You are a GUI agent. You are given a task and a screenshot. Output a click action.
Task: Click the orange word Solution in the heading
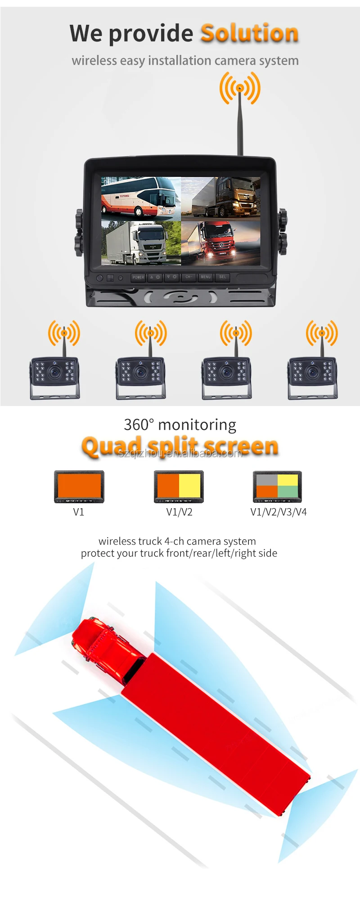[250, 33]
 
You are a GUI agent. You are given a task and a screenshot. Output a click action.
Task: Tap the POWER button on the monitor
[138, 277]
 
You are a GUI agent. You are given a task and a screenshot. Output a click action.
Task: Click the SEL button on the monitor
[222, 277]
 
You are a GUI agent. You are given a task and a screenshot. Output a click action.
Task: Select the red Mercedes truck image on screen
[220, 242]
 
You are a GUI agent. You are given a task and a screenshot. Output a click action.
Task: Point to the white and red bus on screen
[140, 198]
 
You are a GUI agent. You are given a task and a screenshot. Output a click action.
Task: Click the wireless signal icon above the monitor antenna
[240, 88]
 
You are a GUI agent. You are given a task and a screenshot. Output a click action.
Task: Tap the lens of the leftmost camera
[55, 372]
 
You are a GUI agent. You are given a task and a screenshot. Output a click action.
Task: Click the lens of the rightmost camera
[312, 372]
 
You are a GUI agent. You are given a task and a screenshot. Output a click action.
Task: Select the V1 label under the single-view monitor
[79, 512]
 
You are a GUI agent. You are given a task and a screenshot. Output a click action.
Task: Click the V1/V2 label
[179, 512]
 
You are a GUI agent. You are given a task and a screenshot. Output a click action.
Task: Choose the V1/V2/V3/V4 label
[278, 512]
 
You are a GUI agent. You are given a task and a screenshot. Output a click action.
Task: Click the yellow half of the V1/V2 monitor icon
[189, 486]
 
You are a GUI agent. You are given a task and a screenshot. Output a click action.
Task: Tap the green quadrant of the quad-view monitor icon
[288, 492]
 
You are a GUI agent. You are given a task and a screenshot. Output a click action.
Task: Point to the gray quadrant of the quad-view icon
[267, 480]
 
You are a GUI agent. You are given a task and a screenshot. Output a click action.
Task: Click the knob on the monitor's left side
[79, 232]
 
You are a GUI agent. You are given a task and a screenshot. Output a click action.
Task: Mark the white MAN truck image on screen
[140, 242]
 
